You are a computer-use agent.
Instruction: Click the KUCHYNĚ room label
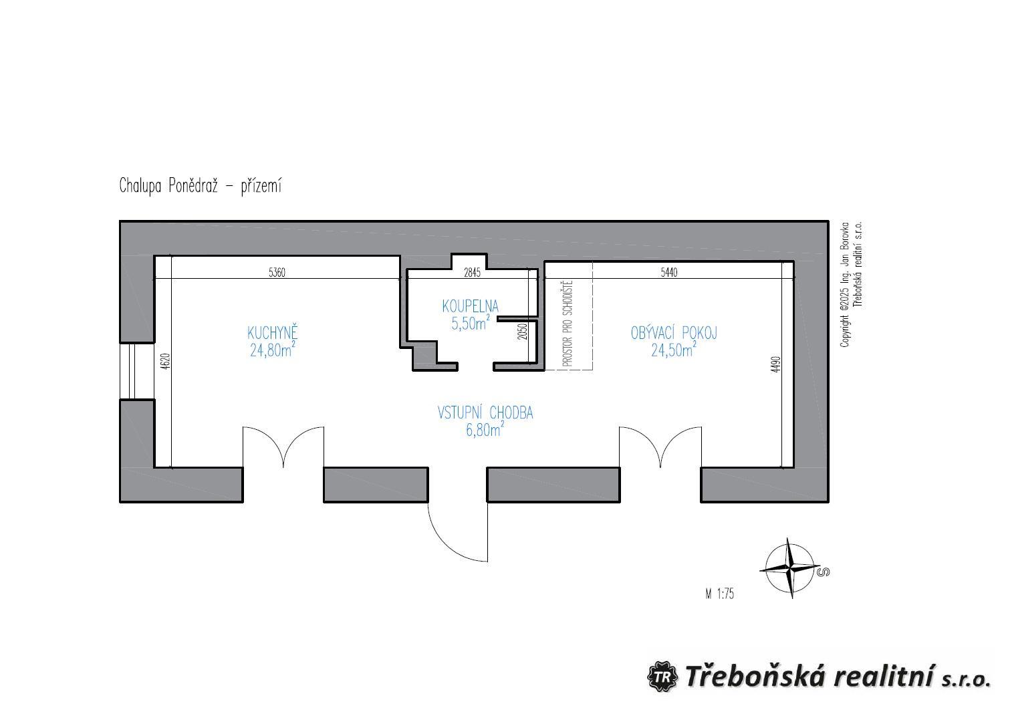[x=273, y=333]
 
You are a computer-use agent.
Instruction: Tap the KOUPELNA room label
[x=471, y=306]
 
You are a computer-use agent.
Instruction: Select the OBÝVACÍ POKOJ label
[x=674, y=333]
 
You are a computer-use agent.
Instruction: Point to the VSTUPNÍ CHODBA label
[x=485, y=413]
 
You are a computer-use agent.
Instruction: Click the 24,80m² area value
[x=273, y=350]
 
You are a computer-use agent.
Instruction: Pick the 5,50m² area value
[x=471, y=323]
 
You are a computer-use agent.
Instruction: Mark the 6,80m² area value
[x=485, y=430]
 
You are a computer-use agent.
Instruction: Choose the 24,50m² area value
[x=674, y=350]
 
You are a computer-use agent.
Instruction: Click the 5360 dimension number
[x=277, y=273]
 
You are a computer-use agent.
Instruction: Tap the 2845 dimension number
[x=472, y=273]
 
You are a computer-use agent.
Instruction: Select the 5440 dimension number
[x=669, y=272]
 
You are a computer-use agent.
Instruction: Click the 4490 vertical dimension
[x=775, y=364]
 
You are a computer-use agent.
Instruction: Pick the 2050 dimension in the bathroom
[x=523, y=332]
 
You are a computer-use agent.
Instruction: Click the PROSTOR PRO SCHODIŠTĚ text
[x=567, y=324]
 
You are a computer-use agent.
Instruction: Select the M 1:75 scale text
[x=719, y=594]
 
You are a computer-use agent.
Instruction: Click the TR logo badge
[x=662, y=677]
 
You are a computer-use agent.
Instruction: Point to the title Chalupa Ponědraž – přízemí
[x=201, y=186]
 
